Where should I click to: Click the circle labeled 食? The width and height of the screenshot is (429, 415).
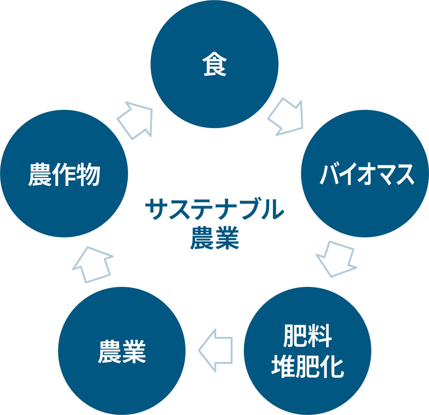(214, 64)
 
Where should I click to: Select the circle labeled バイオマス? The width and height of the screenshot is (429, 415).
(365, 173)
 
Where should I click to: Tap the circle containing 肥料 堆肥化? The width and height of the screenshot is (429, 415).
(307, 351)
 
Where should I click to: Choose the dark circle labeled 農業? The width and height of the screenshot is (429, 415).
(122, 351)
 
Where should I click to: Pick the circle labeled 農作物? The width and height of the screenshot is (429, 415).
(64, 173)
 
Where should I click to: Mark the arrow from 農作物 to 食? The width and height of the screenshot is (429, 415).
(135, 120)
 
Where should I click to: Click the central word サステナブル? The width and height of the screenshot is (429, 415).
(214, 209)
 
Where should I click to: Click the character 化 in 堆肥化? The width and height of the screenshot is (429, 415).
(332, 366)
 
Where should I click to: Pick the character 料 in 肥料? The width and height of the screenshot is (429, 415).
(320, 336)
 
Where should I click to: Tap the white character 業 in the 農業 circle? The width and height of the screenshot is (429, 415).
(134, 351)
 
